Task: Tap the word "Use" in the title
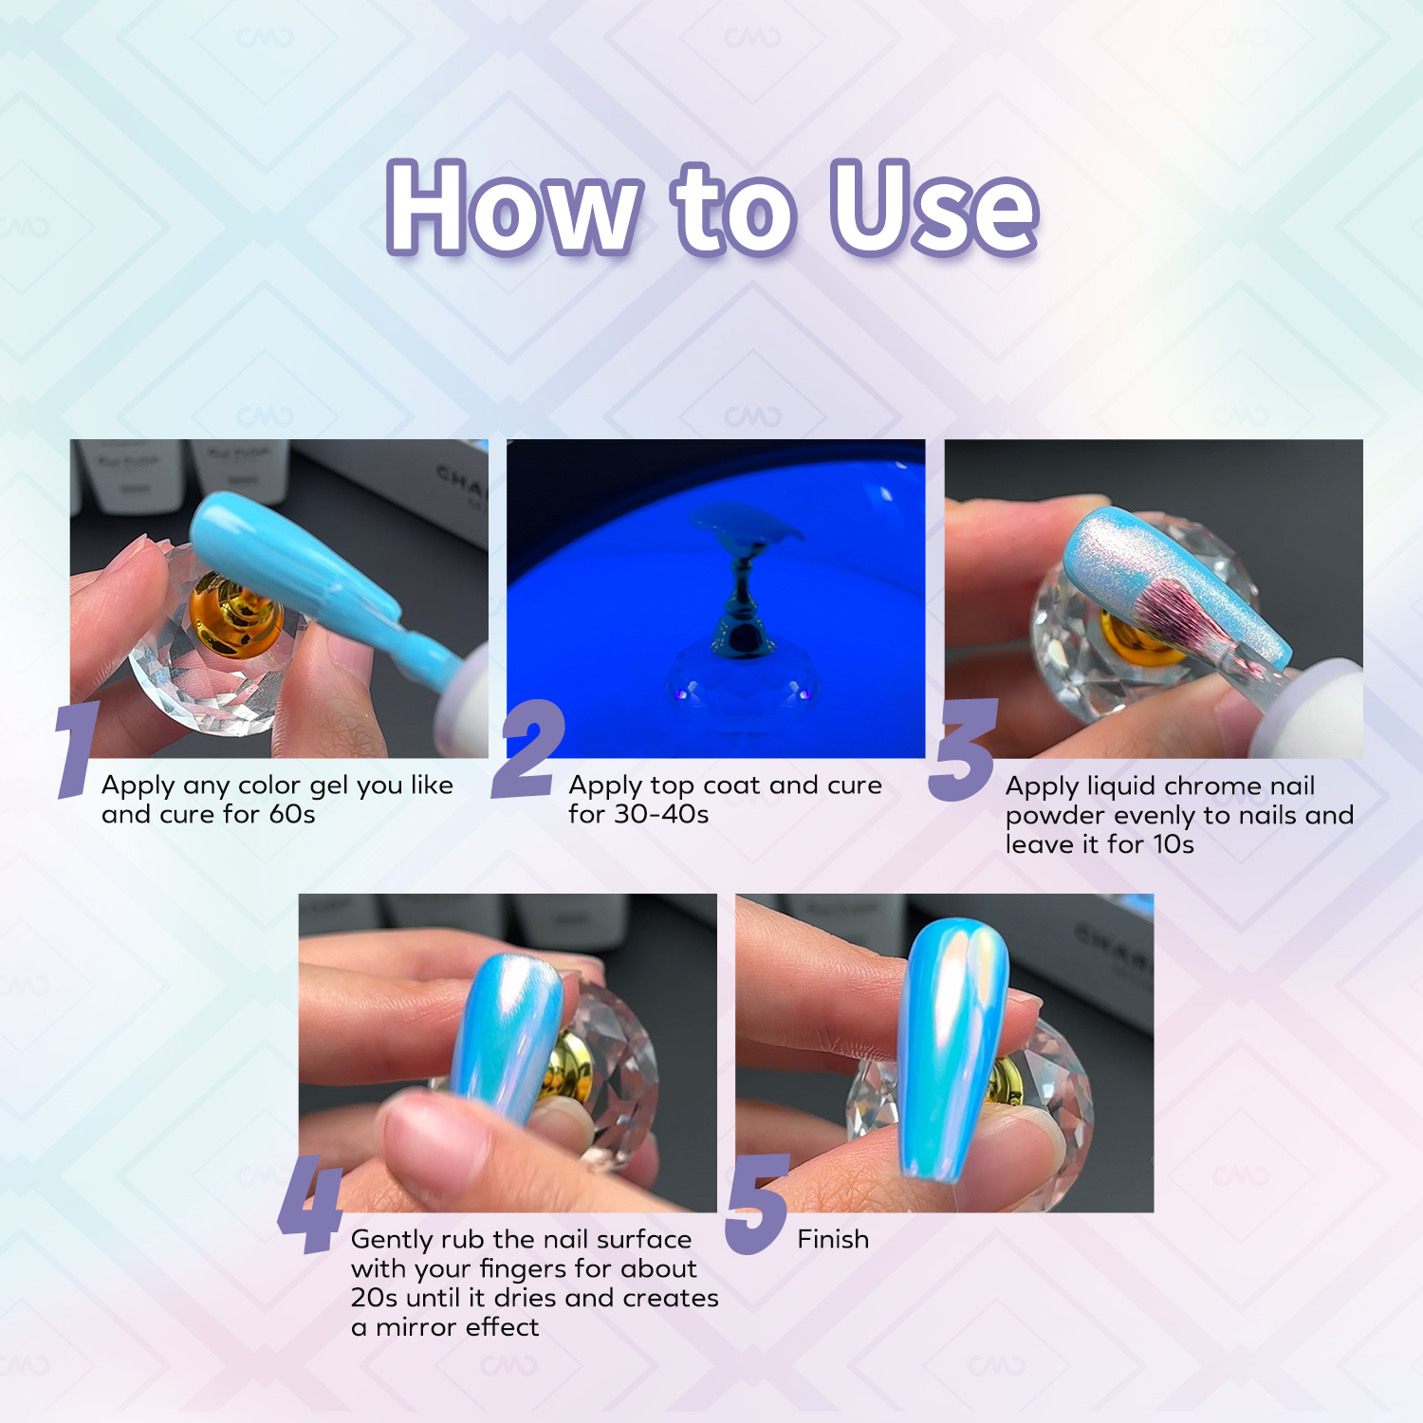(934, 208)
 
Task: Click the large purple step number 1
(78, 749)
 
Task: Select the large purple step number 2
(528, 749)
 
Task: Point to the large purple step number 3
(963, 749)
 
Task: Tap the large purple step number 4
(310, 1205)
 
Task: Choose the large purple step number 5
(757, 1205)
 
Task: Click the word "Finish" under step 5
(833, 1239)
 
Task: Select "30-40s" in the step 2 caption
(661, 814)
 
